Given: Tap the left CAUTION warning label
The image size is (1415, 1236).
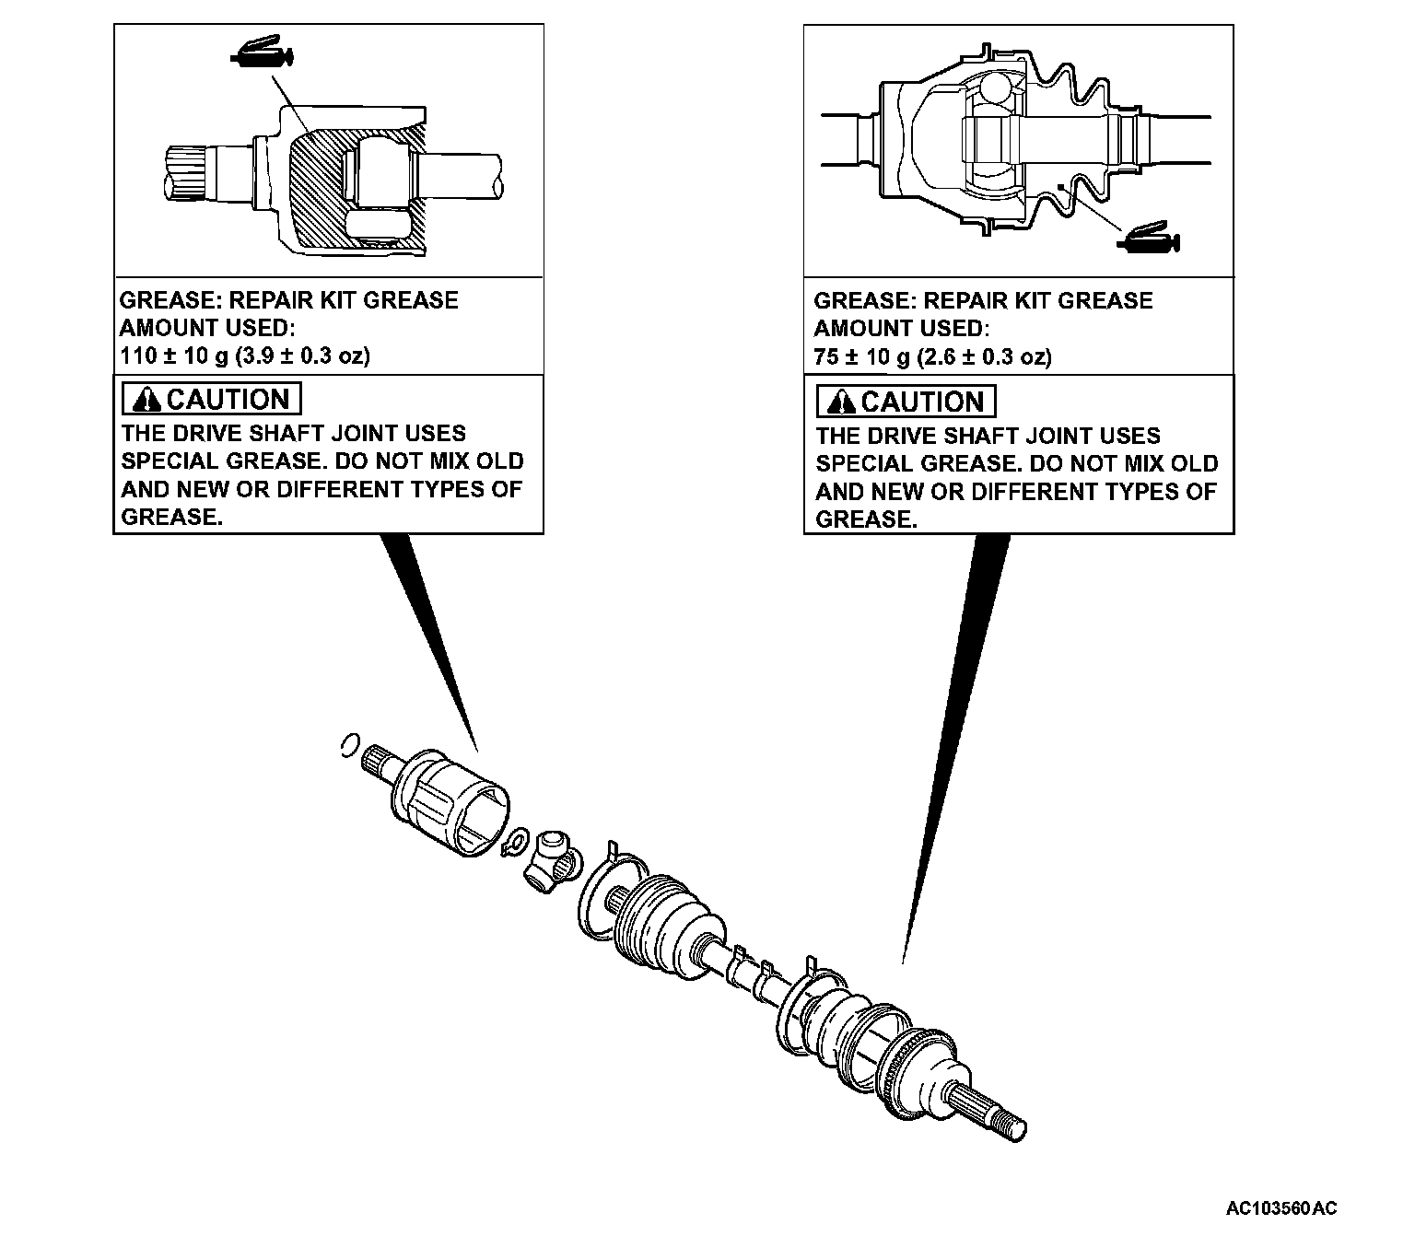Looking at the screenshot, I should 212,399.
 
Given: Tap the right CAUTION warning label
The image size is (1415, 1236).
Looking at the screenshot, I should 906,402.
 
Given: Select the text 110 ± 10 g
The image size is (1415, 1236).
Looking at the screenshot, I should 175,356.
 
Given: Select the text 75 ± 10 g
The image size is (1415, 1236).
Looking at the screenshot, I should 862,357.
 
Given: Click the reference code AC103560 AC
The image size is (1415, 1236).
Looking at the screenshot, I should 1281,1207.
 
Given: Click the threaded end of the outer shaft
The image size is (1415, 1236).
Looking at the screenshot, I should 1011,1124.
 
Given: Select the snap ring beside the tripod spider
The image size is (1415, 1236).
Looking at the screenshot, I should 514,842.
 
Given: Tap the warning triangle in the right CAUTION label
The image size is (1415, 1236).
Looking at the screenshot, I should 842,402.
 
